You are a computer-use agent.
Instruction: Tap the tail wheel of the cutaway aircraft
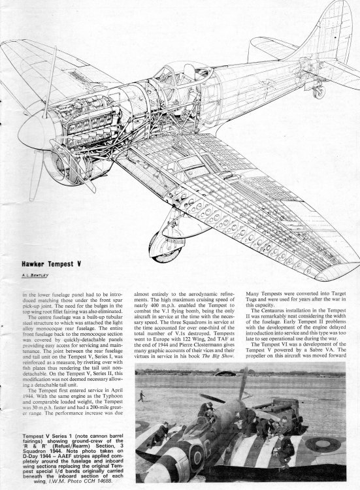pos(319,91)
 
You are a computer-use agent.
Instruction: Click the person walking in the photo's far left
pos(140,396)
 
